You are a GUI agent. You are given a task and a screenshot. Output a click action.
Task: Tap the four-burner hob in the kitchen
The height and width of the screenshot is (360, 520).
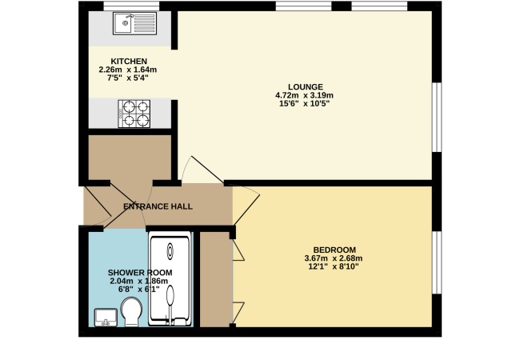tap(134, 113)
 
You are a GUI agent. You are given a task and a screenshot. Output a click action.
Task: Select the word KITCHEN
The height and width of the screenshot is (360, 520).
tap(129, 62)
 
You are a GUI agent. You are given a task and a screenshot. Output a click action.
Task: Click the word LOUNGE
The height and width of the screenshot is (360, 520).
tap(306, 86)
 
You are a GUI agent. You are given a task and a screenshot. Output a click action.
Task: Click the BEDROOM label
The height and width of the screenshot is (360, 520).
tap(334, 249)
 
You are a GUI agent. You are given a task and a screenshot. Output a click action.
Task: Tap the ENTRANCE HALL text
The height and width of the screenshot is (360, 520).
tap(158, 206)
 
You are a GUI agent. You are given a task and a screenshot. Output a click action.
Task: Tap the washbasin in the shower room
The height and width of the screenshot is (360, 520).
tap(106, 318)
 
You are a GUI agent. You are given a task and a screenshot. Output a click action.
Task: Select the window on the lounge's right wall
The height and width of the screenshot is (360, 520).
tap(436, 116)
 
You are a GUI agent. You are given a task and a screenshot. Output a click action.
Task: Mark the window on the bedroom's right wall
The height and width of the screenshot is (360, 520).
tap(436, 262)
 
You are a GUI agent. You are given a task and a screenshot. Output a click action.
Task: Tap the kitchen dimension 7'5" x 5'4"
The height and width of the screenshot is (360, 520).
tap(129, 78)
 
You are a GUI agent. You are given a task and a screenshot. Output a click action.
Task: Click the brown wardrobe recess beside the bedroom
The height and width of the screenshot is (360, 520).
tap(214, 280)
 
